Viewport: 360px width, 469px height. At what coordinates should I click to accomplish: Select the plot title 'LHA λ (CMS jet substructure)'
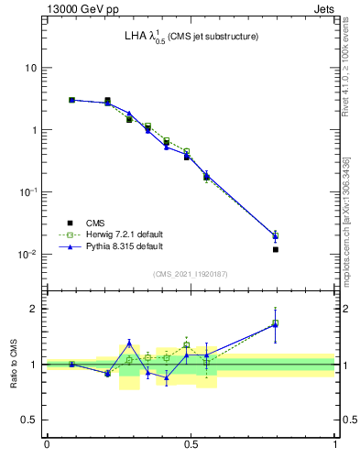tap(191, 37)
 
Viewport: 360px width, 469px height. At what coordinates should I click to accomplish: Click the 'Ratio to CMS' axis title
tap(15, 364)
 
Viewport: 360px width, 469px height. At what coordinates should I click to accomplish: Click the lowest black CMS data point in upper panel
tap(275, 249)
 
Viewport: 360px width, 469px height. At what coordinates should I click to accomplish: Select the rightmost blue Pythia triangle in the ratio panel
tap(275, 324)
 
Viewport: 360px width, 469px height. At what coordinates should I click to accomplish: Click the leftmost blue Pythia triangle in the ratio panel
tap(71, 364)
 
